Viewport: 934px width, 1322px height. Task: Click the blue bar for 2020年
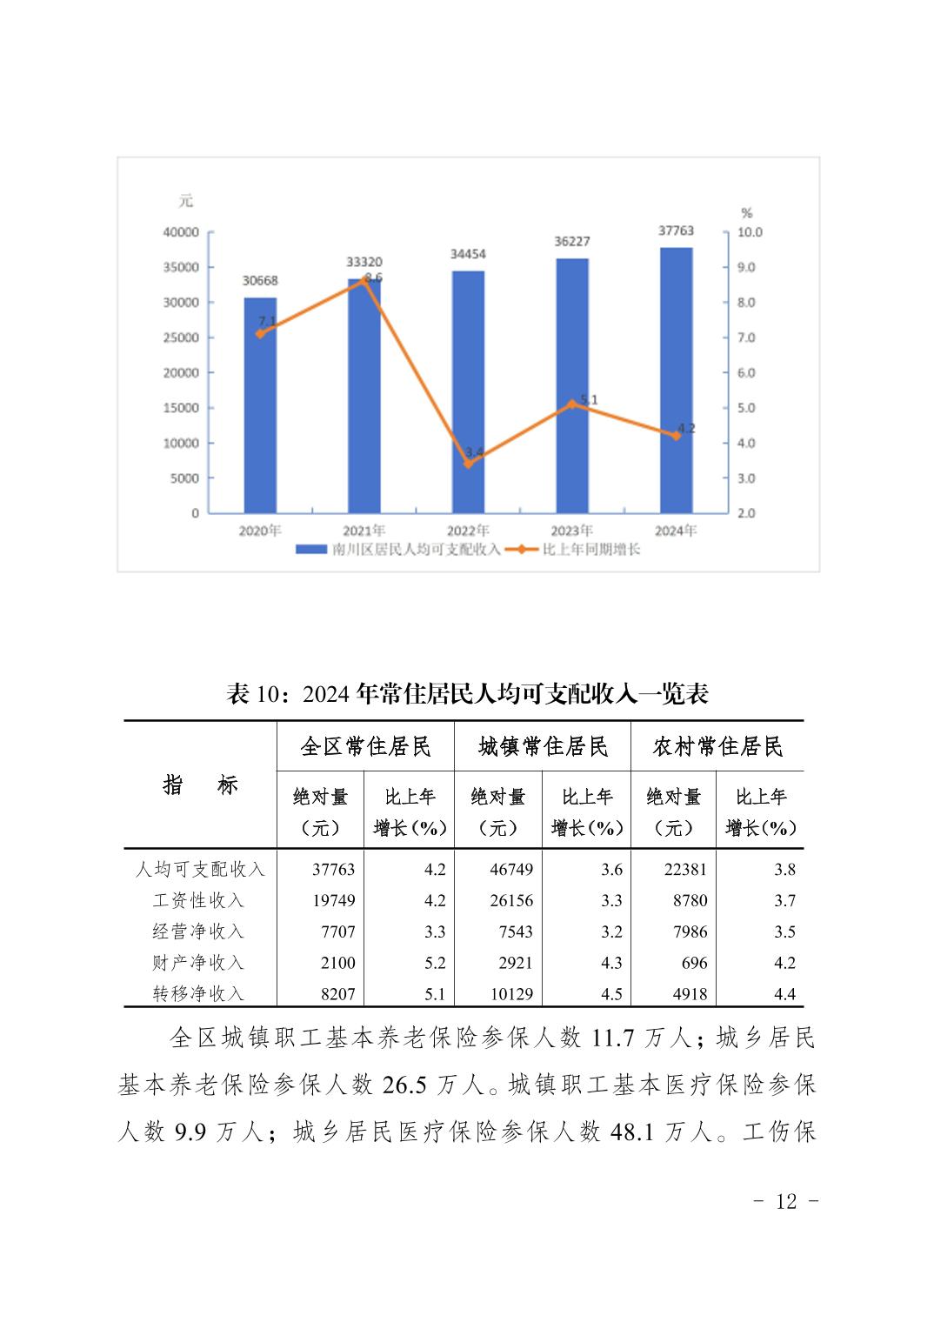[259, 404]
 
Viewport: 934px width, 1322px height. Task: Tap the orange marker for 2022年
[468, 464]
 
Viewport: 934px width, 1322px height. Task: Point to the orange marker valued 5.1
[572, 404]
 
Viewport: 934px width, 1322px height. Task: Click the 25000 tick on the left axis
[181, 337]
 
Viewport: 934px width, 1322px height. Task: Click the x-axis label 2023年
[571, 531]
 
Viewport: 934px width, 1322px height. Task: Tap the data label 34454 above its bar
[468, 254]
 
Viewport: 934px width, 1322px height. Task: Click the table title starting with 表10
[467, 693]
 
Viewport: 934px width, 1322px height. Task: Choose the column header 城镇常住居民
[543, 746]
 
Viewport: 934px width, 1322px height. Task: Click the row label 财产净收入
[198, 963]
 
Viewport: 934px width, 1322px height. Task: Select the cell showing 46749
[511, 869]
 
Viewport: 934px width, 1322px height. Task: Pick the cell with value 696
[694, 963]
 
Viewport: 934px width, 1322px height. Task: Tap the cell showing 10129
[510, 994]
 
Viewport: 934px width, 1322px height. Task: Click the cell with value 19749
[334, 900]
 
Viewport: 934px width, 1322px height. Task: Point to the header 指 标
[200, 785]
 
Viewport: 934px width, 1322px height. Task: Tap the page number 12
[785, 1202]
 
